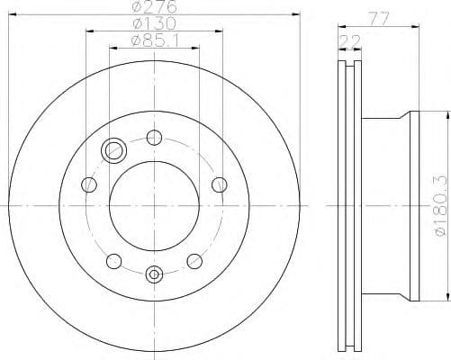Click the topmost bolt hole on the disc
coord(154,139)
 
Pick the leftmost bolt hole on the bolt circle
coord(88,185)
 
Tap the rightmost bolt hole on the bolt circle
coord(220,185)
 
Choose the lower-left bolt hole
coord(113,261)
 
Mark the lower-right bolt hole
coord(194,261)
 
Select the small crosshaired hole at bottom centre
coord(154,273)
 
